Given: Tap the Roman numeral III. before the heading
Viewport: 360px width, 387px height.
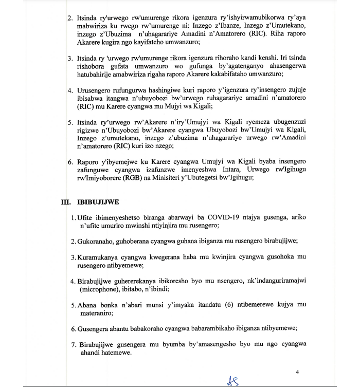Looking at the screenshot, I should pos(65,202).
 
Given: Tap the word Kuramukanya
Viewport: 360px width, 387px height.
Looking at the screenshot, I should pos(100,257).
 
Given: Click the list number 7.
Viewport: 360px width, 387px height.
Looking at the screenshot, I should pos(73,344).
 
